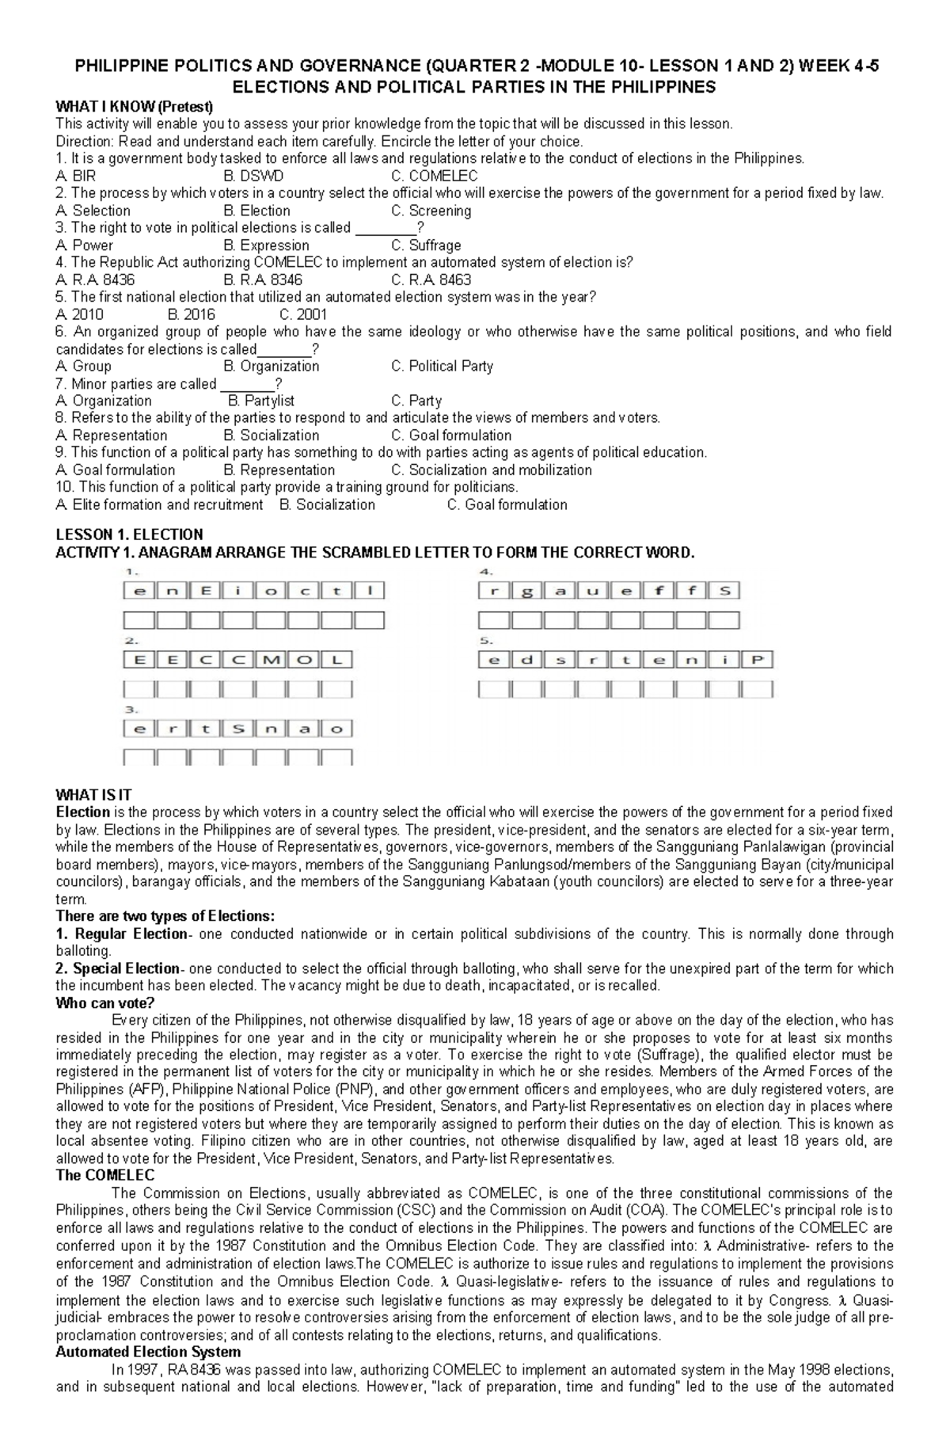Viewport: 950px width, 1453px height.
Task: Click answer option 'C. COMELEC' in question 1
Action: (435, 176)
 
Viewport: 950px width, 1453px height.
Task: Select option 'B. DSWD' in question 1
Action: (253, 176)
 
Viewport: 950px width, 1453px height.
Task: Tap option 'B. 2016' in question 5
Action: (192, 314)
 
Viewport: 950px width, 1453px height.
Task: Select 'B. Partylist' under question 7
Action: (260, 401)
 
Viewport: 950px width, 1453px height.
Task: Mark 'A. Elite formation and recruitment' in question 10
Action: (159, 504)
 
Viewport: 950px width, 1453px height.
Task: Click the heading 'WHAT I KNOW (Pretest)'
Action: (135, 106)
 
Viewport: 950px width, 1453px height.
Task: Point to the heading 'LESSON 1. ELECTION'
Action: (129, 534)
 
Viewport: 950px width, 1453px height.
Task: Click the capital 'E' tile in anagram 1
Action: (206, 590)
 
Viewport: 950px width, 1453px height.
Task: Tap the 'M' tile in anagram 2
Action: (271, 660)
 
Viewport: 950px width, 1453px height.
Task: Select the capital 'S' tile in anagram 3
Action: (238, 728)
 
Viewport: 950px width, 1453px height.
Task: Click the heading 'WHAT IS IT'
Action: (93, 795)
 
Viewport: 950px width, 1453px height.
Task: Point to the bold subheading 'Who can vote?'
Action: (104, 1003)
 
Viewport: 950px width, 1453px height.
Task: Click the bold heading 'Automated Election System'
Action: (148, 1352)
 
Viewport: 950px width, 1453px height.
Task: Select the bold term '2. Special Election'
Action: (118, 968)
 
